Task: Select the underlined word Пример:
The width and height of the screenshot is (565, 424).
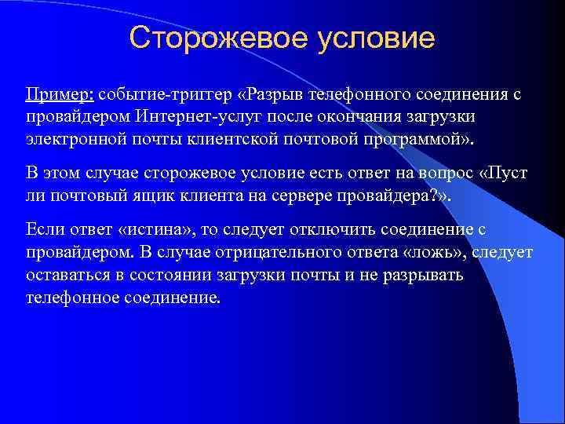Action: click(60, 95)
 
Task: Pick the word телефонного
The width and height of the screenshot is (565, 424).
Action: click(355, 95)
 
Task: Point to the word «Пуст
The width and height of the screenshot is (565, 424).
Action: click(509, 173)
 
